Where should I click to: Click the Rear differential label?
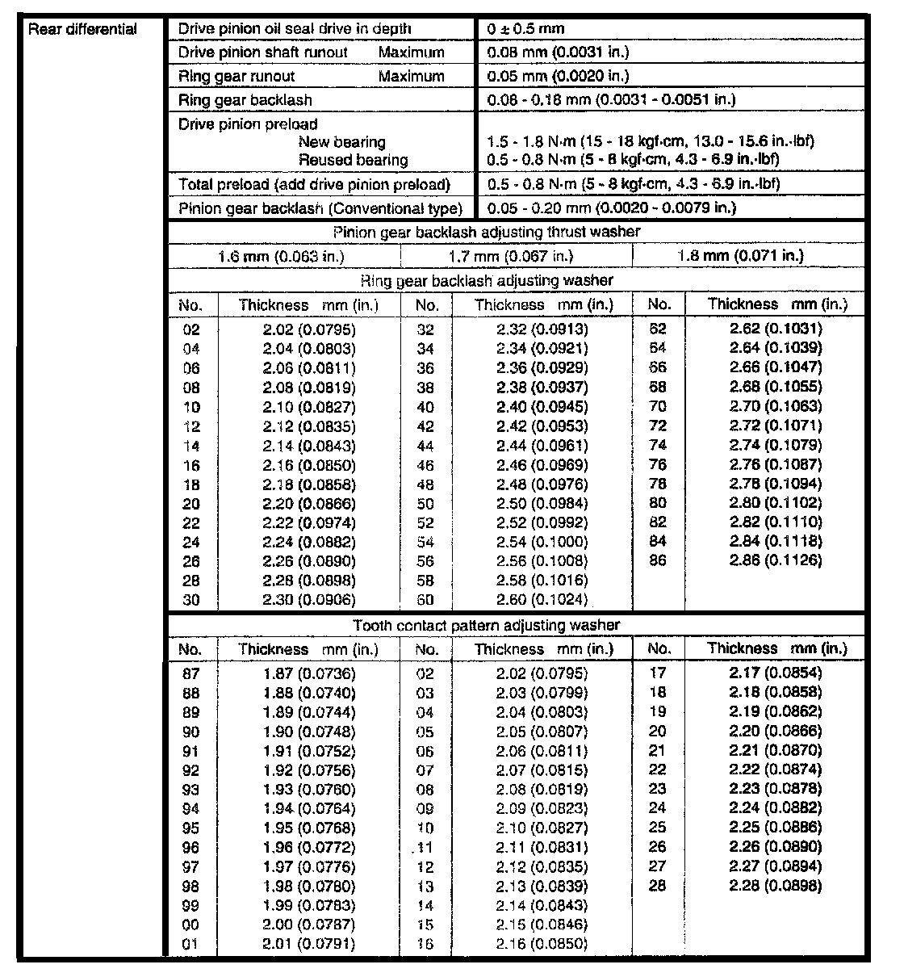82,30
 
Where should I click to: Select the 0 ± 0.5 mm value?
526,29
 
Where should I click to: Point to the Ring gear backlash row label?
245,100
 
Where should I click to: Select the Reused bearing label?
353,160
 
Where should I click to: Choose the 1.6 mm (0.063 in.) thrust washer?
282,257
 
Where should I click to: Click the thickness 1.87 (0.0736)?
308,673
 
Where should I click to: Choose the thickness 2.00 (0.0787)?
308,925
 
